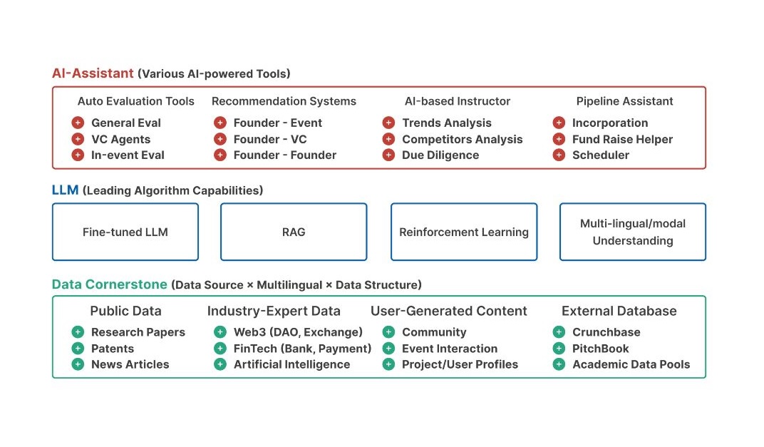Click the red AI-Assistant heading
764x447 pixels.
pyautogui.click(x=93, y=73)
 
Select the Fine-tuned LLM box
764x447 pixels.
pyautogui.click(x=125, y=232)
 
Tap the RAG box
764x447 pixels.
pyautogui.click(x=294, y=232)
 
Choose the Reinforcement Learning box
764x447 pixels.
pyautogui.click(x=464, y=232)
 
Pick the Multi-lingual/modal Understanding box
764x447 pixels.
pyautogui.click(x=633, y=232)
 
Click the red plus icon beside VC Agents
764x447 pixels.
pyautogui.click(x=78, y=139)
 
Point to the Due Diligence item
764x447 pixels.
pyautogui.click(x=440, y=155)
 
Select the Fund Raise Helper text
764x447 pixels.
pyautogui.click(x=622, y=140)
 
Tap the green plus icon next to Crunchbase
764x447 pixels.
pyautogui.click(x=559, y=332)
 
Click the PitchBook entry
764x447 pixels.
pyautogui.click(x=600, y=349)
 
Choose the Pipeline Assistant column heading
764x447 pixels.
pyautogui.click(x=624, y=101)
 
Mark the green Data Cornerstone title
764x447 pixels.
pyautogui.click(x=110, y=284)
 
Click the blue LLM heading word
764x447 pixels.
pyautogui.click(x=66, y=190)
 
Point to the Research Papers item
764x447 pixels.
pyautogui.click(x=138, y=332)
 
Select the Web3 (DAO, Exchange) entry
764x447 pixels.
pyautogui.click(x=298, y=332)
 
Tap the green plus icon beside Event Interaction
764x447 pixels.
pyautogui.click(x=388, y=349)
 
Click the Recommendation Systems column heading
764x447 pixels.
pyautogui.click(x=284, y=101)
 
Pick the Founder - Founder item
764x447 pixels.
pyautogui.click(x=285, y=155)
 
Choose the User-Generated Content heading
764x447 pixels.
pyautogui.click(x=449, y=311)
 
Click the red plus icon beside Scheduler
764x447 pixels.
pyautogui.click(x=559, y=155)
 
